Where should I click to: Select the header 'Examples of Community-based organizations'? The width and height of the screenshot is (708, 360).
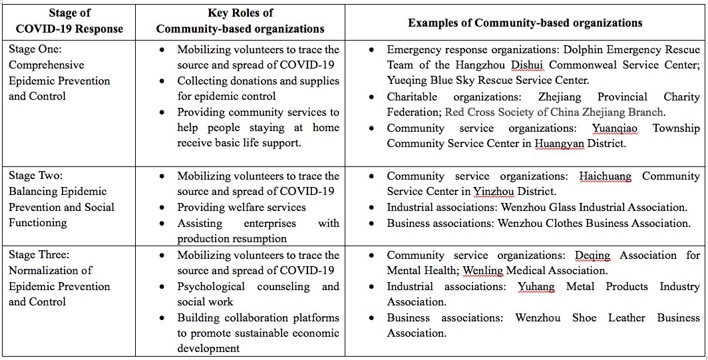pyautogui.click(x=525, y=23)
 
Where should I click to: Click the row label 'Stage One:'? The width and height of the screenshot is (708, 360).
pyautogui.click(x=37, y=49)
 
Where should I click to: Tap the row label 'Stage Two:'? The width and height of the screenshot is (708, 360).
pyautogui.click(x=37, y=176)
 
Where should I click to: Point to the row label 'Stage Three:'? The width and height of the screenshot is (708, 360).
pyautogui.click(x=39, y=255)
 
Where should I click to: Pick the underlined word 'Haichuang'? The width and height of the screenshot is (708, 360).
pyautogui.click(x=605, y=176)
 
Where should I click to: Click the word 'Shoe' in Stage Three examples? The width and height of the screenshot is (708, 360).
pyautogui.click(x=584, y=317)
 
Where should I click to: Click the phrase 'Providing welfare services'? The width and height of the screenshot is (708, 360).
pyautogui.click(x=242, y=207)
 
